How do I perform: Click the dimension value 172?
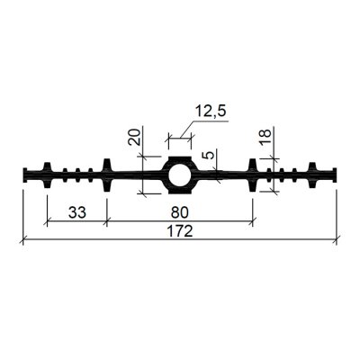tap(180, 231)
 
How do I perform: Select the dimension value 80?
tap(180, 212)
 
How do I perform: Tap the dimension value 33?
tap(77, 212)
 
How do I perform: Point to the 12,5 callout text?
tap(210, 112)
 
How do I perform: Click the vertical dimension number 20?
tap(134, 137)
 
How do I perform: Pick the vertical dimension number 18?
tap(265, 137)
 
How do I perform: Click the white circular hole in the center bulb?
tap(179, 175)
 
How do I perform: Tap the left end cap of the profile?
tap(25, 175)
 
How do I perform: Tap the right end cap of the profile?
tap(334, 175)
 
